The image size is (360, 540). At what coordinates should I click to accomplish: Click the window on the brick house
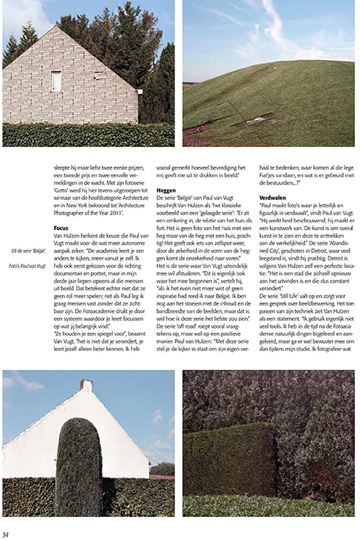(x=56, y=81)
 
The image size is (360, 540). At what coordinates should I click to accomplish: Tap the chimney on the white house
(x=86, y=385)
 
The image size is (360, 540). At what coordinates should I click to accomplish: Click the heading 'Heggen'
(x=166, y=191)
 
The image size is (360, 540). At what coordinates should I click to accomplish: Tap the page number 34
(x=6, y=534)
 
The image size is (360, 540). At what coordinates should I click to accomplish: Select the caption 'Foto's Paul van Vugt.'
(x=27, y=265)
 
